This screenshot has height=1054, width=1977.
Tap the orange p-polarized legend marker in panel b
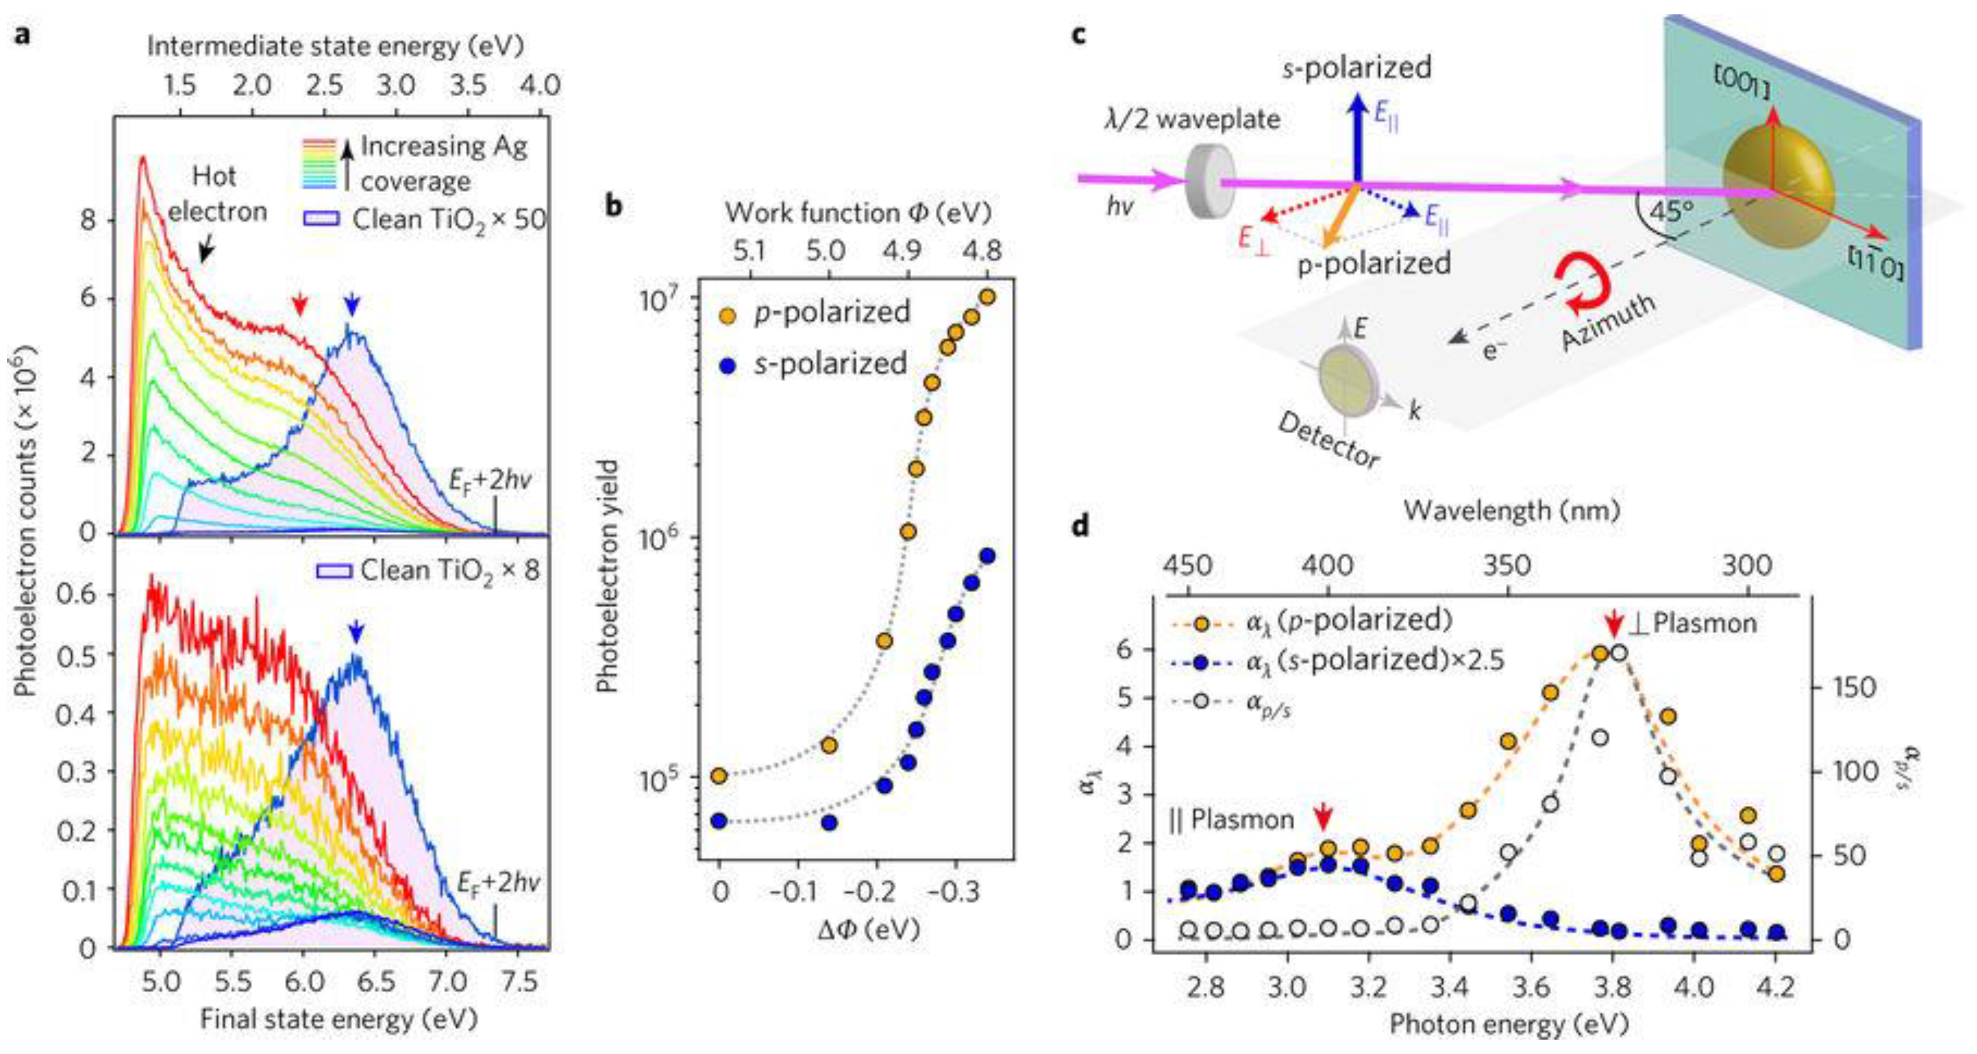727,314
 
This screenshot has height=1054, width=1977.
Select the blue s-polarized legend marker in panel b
727,366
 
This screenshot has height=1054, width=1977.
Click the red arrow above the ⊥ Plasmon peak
1615,623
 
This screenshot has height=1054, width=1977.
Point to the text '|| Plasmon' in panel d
1231,820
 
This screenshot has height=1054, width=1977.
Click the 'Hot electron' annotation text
216,193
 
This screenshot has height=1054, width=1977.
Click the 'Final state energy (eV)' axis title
338,1020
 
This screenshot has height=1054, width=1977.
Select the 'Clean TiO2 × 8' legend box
333,571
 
